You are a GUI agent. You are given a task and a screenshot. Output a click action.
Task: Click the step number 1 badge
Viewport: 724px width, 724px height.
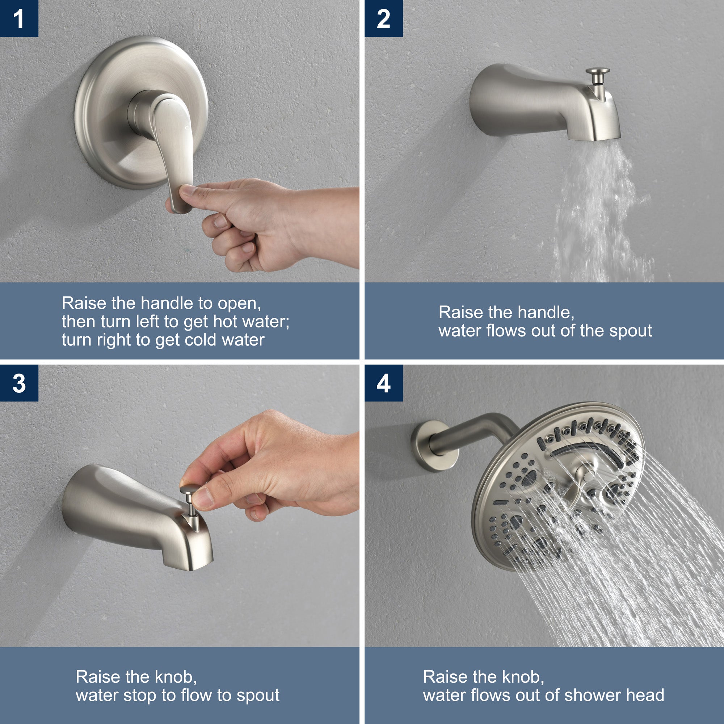(19, 18)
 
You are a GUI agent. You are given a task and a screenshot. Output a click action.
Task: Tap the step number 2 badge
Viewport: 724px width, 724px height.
(383, 18)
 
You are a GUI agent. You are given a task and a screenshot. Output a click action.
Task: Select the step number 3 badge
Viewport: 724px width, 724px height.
(19, 383)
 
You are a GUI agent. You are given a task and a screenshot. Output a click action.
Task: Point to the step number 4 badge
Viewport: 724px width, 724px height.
(383, 383)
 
